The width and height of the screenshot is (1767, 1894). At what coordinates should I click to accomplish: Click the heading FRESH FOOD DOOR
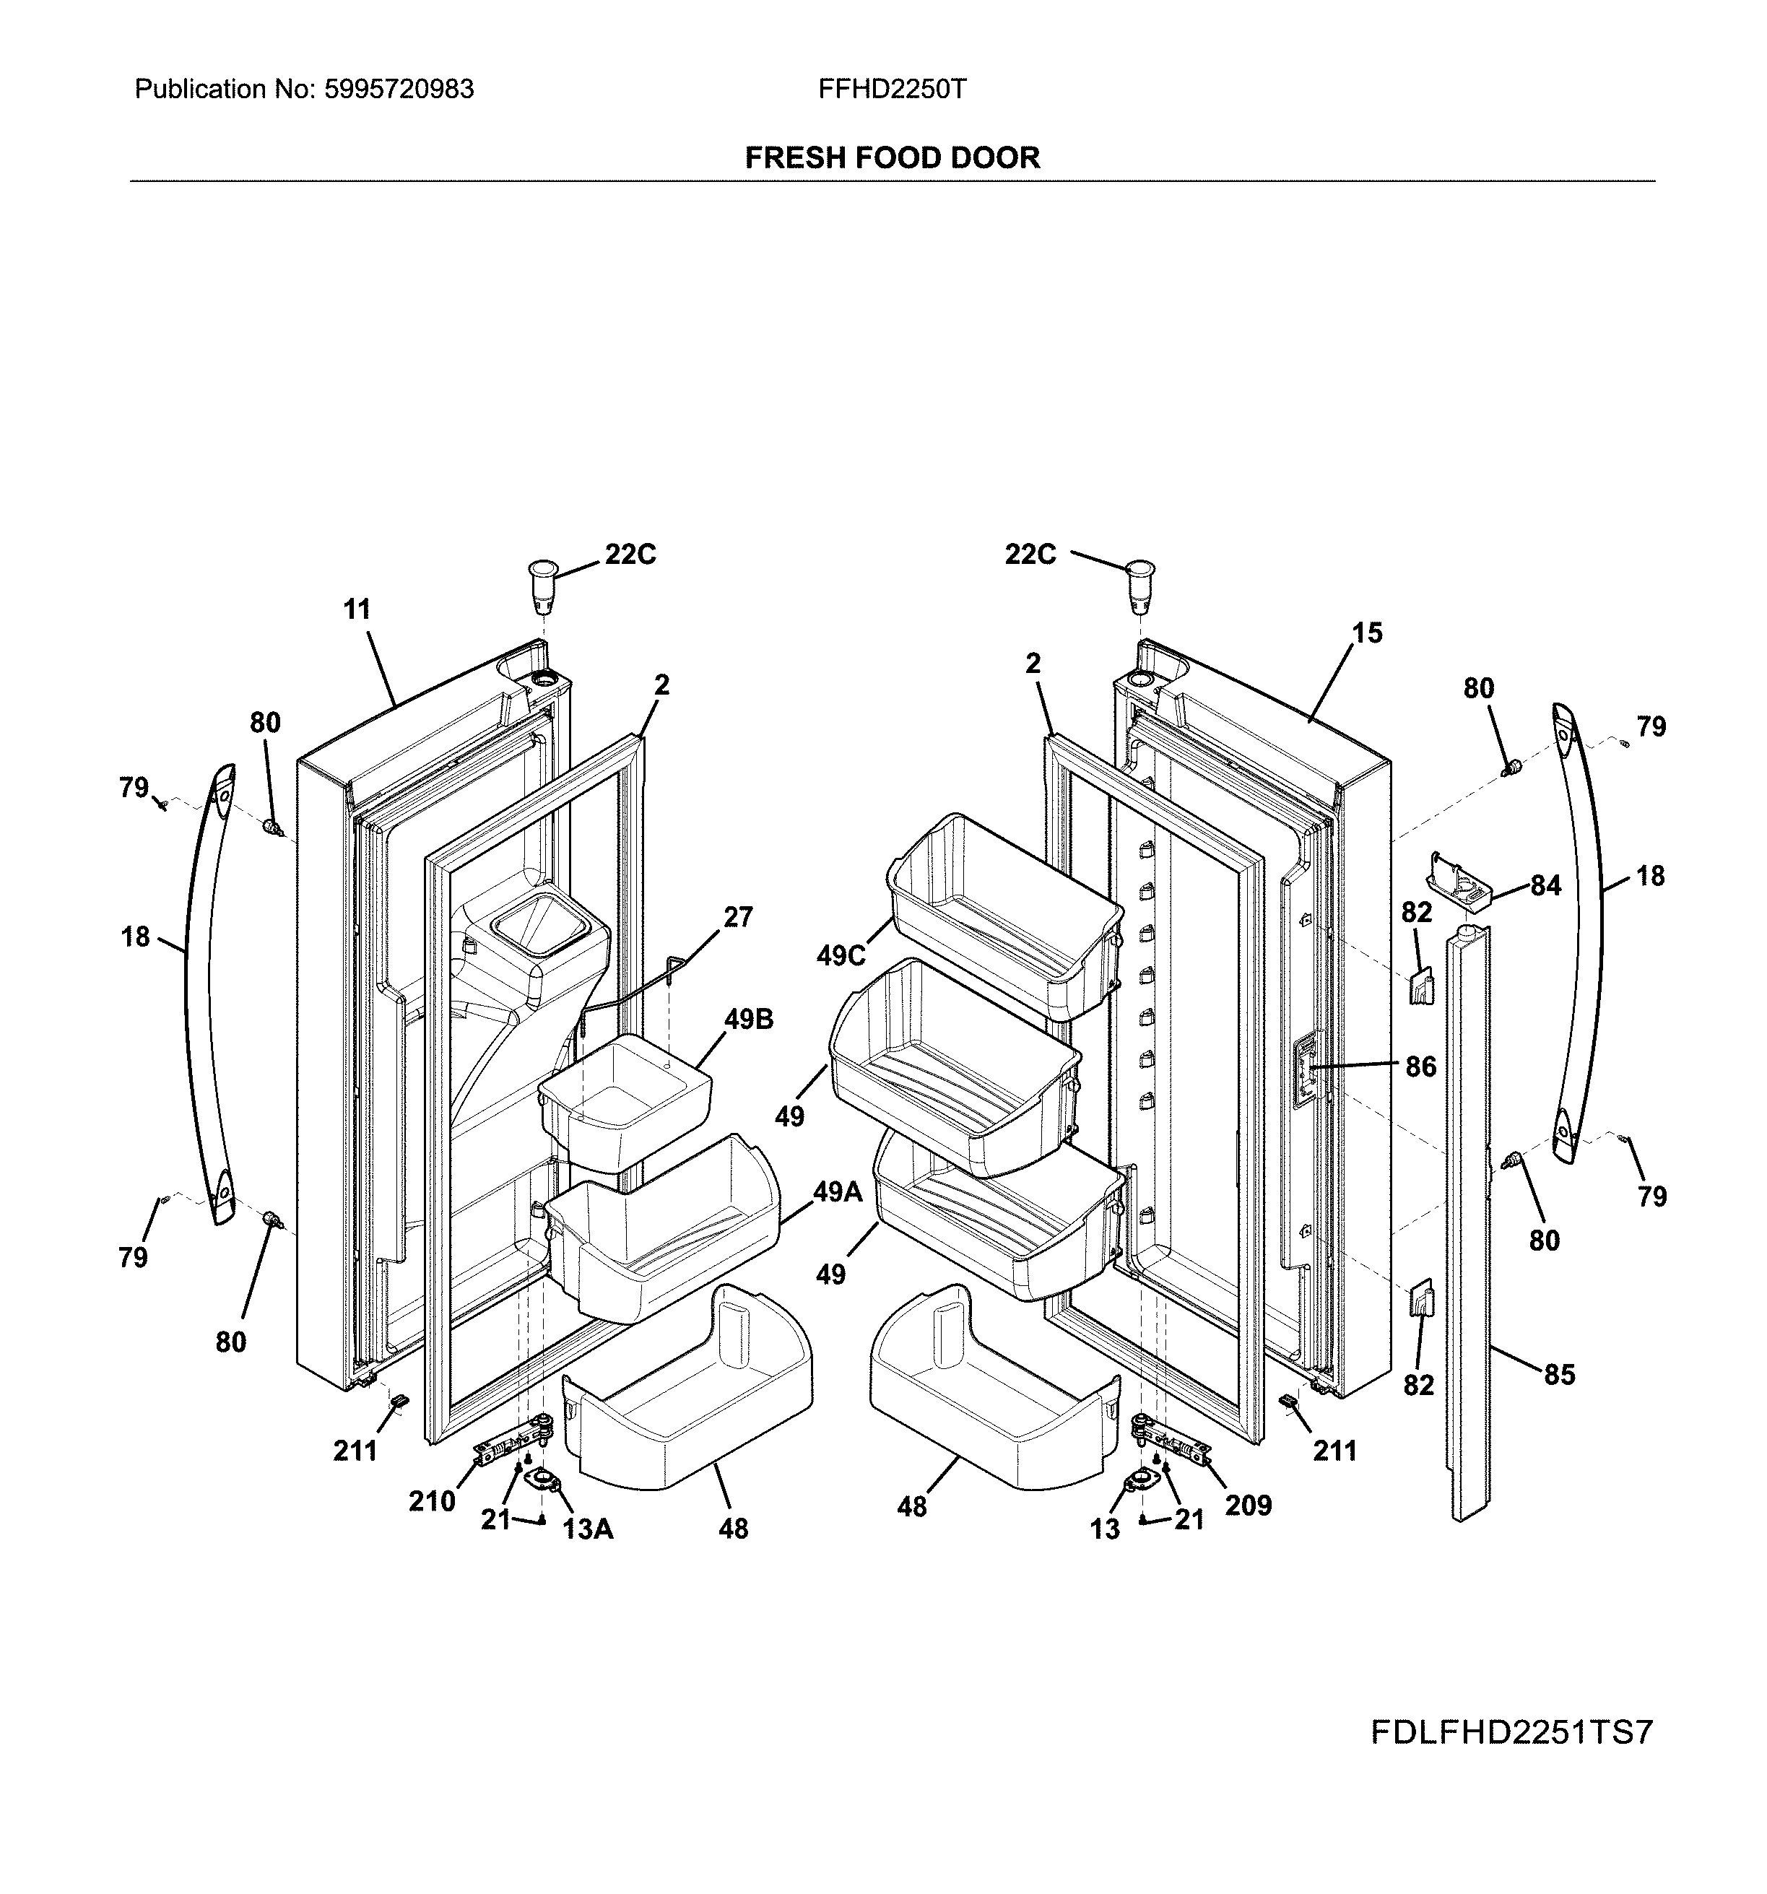pos(892,157)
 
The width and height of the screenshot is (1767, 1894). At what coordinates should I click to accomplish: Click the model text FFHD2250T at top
pos(892,90)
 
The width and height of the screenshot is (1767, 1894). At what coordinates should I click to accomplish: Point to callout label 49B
pos(748,1020)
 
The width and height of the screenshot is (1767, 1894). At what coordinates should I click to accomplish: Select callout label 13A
pos(587,1529)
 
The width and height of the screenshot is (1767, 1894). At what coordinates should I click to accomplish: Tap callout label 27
pos(737,918)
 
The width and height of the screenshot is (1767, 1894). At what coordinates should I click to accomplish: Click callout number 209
pos(1248,1506)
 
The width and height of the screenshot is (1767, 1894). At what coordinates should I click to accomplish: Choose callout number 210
pos(432,1501)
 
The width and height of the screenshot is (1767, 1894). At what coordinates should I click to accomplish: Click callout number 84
pos(1545,886)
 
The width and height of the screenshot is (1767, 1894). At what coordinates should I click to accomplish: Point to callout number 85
pos(1559,1375)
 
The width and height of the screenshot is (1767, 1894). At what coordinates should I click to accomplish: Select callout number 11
pos(356,609)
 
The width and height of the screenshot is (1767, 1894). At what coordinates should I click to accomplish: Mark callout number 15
pos(1367,633)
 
